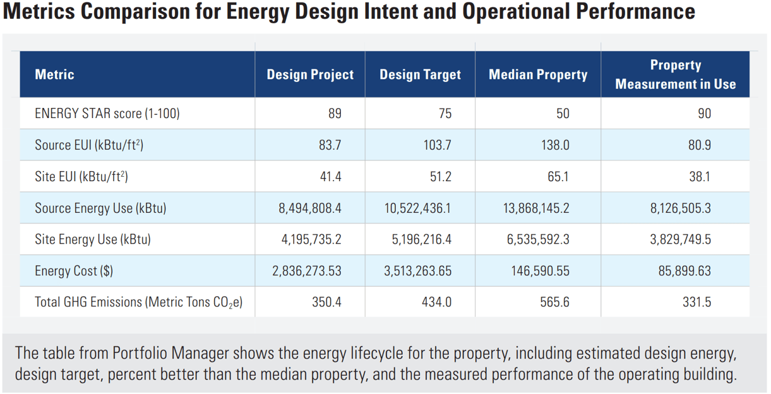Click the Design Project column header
pyautogui.click(x=310, y=75)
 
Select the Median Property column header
pyautogui.click(x=538, y=75)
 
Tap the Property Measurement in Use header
pyautogui.click(x=675, y=75)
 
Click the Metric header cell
pyautogui.click(x=54, y=75)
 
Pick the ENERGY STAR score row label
pyautogui.click(x=107, y=114)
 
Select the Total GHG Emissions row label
pyautogui.click(x=138, y=302)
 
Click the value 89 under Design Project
pyautogui.click(x=335, y=114)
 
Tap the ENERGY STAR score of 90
pyautogui.click(x=704, y=114)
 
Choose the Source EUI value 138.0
pyautogui.click(x=555, y=145)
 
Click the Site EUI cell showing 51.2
pyautogui.click(x=440, y=177)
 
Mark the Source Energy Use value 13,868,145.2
pyautogui.click(x=534, y=208)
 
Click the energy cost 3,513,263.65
pyautogui.click(x=417, y=271)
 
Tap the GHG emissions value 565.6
pyautogui.click(x=555, y=302)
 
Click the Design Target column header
pyautogui.click(x=420, y=75)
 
